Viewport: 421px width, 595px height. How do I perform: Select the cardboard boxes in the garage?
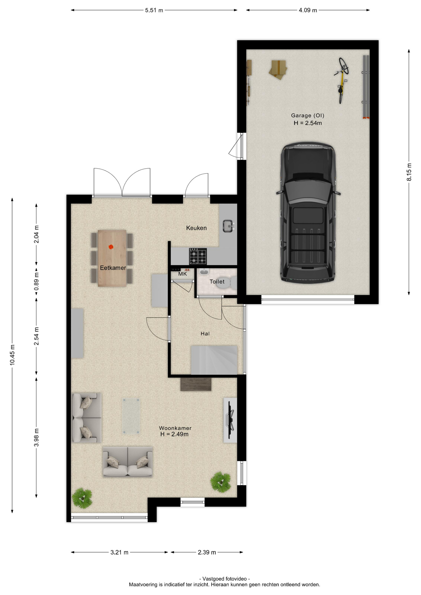click(278, 69)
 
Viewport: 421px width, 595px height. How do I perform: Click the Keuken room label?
click(196, 228)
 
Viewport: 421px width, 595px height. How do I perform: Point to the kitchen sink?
click(228, 226)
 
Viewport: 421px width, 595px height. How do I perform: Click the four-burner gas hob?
click(198, 256)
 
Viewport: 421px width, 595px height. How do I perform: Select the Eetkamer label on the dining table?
click(113, 268)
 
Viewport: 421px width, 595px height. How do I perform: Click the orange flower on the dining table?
click(111, 247)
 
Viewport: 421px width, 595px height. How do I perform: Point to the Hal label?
click(205, 334)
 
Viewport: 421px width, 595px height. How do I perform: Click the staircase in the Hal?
click(214, 360)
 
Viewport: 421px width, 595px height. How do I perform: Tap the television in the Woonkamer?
click(231, 420)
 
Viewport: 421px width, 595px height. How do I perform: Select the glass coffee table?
click(131, 416)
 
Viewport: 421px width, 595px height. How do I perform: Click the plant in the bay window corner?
click(82, 498)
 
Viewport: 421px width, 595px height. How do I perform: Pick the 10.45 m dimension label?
click(12, 355)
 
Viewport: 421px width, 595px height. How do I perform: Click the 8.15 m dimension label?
click(409, 172)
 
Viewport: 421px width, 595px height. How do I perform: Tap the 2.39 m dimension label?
click(207, 552)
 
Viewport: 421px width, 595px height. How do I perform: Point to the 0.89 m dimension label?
click(37, 281)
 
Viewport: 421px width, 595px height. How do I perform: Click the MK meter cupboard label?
click(183, 274)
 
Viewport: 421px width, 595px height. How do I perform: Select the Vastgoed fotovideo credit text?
click(224, 579)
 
